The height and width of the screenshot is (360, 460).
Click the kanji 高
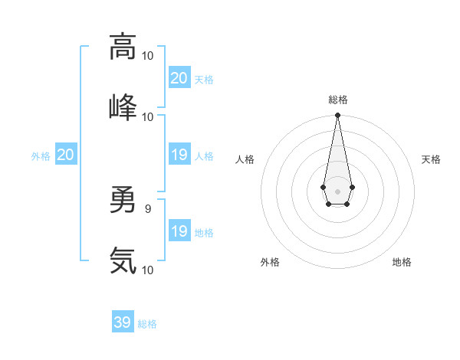coord(123,46)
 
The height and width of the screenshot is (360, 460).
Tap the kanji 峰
coord(123,107)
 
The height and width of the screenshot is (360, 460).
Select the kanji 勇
coord(123,201)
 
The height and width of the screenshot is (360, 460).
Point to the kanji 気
coord(123,261)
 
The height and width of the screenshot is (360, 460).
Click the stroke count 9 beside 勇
coord(148,208)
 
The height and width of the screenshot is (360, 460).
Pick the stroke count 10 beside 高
coord(148,56)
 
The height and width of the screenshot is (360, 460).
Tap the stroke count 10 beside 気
coord(148,270)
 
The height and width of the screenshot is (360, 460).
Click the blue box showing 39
coord(123,322)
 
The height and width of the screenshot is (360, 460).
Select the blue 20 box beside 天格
coord(179,78)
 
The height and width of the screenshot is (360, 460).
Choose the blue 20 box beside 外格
coord(66,155)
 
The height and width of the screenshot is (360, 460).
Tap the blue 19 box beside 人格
coord(179,155)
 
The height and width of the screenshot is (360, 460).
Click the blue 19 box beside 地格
coord(179,231)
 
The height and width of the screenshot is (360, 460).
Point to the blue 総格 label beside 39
coord(147,324)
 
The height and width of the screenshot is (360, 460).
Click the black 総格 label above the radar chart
coord(337,100)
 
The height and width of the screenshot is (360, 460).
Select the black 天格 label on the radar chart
coord(431,159)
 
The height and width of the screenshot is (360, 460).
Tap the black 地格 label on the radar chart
coord(402,262)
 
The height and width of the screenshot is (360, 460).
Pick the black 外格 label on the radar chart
coord(270,262)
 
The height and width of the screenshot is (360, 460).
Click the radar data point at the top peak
coord(337,116)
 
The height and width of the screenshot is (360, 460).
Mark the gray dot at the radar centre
coord(337,191)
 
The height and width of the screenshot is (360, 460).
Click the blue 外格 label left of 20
coord(41,156)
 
